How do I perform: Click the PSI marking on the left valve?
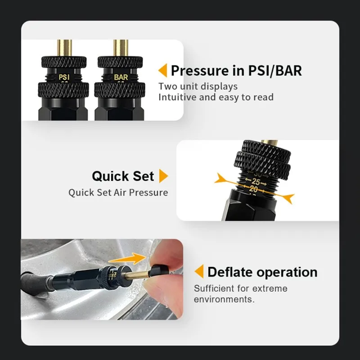point(65,77)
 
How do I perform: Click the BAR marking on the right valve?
point(121,77)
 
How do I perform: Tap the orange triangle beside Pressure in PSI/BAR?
point(162,71)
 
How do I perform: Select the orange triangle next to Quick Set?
point(164,176)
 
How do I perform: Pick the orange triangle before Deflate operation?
point(199,272)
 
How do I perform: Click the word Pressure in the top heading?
point(200,71)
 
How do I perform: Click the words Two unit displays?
point(198,86)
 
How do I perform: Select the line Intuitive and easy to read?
point(216,97)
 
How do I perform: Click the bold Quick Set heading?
point(123,176)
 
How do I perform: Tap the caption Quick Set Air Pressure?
point(118,193)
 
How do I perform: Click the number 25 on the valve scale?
point(256,182)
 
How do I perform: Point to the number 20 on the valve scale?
point(254,190)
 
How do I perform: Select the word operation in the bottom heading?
point(289,272)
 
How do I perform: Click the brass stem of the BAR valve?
point(121,47)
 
